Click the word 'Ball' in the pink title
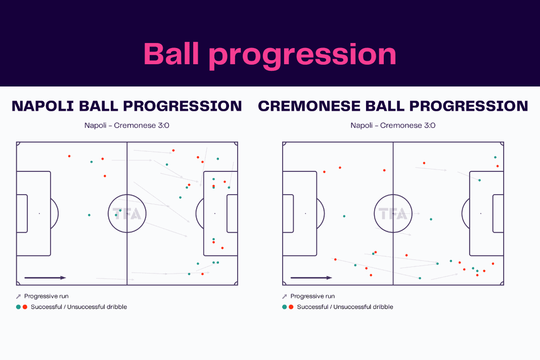click(171, 54)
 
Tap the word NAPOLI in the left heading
click(42, 106)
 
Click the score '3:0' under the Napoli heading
click(164, 125)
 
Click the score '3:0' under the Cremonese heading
click(430, 125)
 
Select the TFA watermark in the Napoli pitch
click(127, 214)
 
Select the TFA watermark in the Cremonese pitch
click(393, 214)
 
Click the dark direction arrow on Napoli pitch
click(45, 278)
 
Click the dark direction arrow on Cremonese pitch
click(311, 278)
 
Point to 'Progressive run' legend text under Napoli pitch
click(46, 296)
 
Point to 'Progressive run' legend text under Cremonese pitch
click(312, 296)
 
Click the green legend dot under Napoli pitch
click(18, 307)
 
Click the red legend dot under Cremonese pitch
click(291, 307)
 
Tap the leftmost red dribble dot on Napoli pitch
click(69, 156)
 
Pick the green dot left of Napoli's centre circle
click(89, 215)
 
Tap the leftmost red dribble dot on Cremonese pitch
click(325, 171)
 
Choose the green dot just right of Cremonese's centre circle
click(431, 219)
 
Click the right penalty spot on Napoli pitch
click(215, 213)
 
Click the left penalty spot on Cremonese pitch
click(305, 213)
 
